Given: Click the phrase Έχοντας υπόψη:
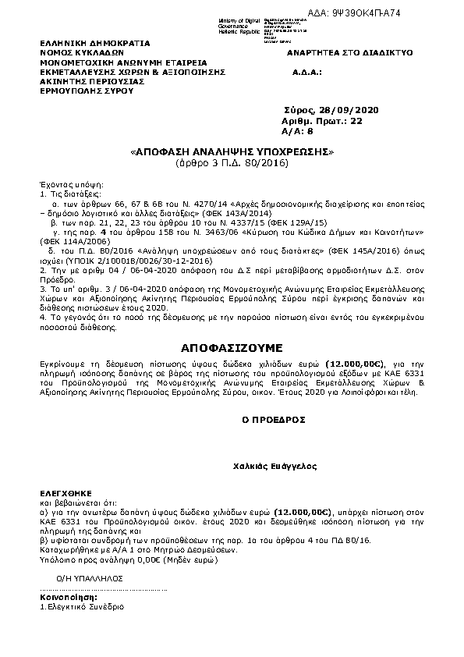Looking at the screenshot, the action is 66,181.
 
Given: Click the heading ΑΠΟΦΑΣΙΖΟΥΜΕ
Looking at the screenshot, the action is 232,345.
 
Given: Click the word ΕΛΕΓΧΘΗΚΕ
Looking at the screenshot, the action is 67,495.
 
